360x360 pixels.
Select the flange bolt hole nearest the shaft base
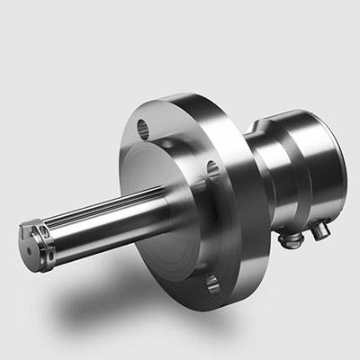[x=211, y=170]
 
